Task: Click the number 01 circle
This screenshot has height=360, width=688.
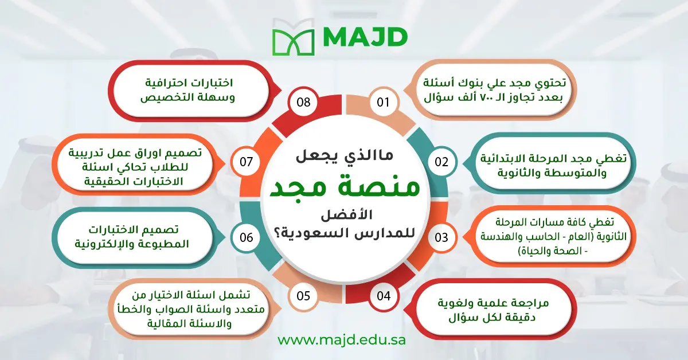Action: [x=384, y=103]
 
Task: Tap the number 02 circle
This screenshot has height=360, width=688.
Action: [x=441, y=162]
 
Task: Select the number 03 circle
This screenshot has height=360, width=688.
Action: [x=441, y=237]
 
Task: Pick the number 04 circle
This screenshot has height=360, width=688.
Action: [x=384, y=296]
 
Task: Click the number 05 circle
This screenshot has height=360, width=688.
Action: [x=304, y=296]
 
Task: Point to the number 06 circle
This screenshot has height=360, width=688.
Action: [x=246, y=237]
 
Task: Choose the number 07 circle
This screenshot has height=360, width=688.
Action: [x=246, y=162]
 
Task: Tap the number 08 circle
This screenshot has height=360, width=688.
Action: [x=304, y=103]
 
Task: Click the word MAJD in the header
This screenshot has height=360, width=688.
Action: [x=365, y=38]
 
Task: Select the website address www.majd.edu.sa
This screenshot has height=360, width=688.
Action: [x=342, y=339]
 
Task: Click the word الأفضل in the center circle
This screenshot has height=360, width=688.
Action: [x=344, y=216]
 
